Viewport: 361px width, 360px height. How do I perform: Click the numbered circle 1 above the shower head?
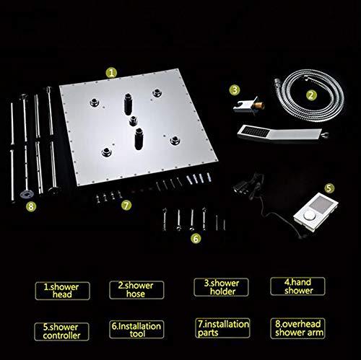[x=111, y=73]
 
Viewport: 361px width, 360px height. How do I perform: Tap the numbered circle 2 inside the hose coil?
[x=311, y=95]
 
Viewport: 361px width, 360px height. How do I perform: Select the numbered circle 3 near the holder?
[x=235, y=90]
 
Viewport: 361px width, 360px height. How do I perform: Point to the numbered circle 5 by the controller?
[x=329, y=188]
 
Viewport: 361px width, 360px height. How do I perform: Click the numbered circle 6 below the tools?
[x=196, y=239]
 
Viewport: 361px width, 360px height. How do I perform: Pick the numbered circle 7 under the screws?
[x=126, y=206]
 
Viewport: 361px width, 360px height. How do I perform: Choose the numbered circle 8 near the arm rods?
[x=31, y=206]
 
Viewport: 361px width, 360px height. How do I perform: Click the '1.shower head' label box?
[x=63, y=291]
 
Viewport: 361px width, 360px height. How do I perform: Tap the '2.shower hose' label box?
[x=136, y=290]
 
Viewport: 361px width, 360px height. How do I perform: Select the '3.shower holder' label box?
[x=221, y=287]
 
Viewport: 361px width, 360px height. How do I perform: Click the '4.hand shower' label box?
[x=297, y=286]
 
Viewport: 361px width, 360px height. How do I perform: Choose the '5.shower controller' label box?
[x=61, y=332]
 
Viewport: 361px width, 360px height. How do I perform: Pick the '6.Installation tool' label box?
[x=136, y=330]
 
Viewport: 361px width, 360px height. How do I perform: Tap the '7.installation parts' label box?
[x=222, y=328]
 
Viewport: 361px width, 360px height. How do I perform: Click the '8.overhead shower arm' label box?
[x=297, y=328]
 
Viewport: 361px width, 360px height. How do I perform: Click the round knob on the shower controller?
[x=308, y=215]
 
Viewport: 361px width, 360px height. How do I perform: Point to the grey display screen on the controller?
[x=321, y=204]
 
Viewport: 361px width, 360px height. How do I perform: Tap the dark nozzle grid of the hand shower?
[x=256, y=132]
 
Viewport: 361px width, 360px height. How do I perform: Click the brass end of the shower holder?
[x=260, y=105]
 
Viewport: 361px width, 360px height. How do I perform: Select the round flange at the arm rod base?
[x=26, y=194]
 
